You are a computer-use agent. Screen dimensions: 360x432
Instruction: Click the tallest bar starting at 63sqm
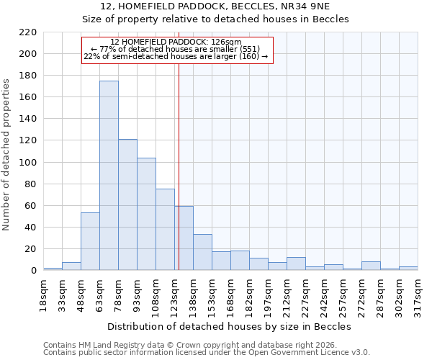point(109,176)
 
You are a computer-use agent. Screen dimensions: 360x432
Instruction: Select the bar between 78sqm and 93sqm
point(127,204)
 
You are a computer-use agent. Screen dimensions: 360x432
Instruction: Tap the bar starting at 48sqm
point(90,241)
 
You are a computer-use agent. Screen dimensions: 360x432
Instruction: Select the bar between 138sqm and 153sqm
point(202,252)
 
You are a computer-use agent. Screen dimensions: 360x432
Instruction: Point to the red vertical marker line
point(179,166)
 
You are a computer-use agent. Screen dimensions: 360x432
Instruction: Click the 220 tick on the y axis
point(28,32)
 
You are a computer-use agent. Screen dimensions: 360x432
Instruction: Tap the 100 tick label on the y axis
point(28,163)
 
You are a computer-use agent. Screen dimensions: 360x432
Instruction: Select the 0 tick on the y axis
point(33,271)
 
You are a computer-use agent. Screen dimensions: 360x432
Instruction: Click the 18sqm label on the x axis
point(43,291)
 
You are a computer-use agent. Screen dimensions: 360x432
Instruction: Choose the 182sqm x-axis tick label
point(249,291)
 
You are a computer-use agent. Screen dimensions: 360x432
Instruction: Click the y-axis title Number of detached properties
point(6,155)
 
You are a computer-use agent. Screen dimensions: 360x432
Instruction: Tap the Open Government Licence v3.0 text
point(315,353)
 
